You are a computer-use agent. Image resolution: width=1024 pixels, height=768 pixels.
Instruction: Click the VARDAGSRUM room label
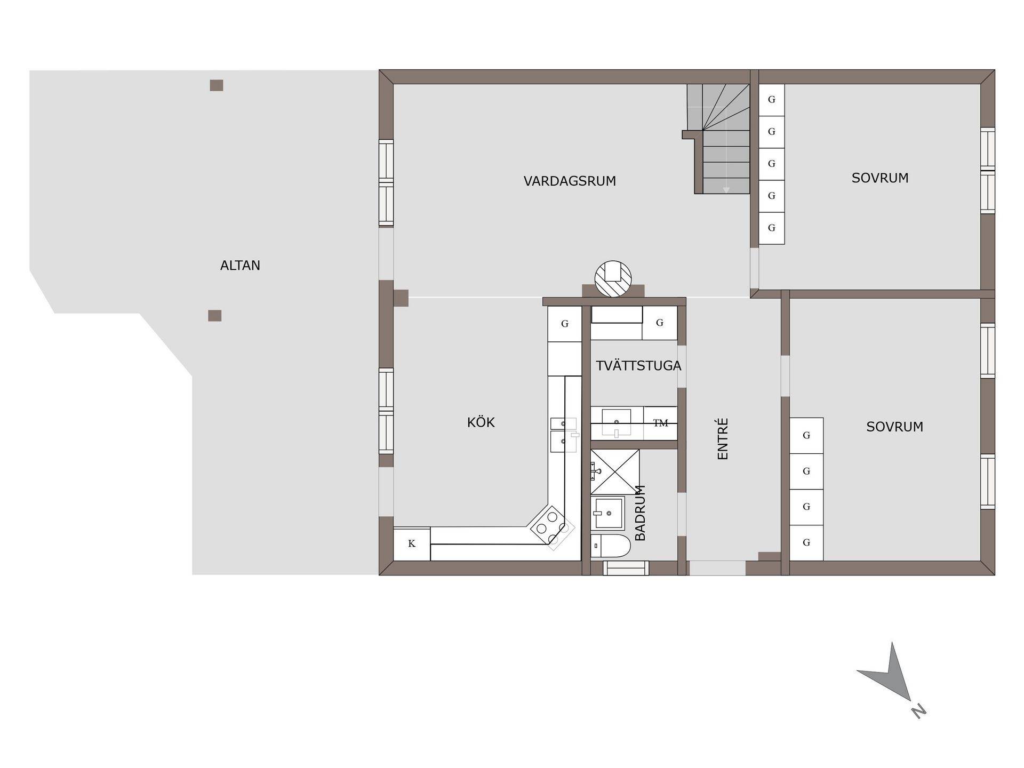coord(570,181)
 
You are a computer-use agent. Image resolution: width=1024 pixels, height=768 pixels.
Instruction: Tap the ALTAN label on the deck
coord(240,266)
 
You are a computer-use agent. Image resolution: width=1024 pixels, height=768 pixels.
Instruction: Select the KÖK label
coord(481,422)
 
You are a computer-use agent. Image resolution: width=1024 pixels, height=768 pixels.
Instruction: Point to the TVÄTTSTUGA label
coord(638,366)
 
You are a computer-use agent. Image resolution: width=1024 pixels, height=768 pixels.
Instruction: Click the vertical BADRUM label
coord(641,513)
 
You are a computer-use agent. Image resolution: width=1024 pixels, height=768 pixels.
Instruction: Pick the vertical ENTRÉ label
coord(723,439)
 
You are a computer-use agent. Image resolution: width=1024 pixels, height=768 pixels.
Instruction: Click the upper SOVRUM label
coord(880,178)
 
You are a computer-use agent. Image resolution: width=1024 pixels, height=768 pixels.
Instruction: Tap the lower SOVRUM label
coord(894,427)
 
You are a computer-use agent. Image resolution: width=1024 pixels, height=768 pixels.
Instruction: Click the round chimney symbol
coord(613,279)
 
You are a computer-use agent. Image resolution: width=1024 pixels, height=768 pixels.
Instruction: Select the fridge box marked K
coord(412,544)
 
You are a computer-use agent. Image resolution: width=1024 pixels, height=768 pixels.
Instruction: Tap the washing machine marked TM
coord(660,423)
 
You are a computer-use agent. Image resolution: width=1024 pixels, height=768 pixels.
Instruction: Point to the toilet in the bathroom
coord(611,546)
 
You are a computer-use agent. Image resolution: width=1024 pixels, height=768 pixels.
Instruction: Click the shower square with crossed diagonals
coord(615,471)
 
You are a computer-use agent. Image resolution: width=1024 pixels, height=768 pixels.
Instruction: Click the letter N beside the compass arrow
coord(918,711)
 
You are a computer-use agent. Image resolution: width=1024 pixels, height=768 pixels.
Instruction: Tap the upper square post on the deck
coord(216,85)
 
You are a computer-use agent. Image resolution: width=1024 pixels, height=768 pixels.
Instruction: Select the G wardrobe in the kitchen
coord(565,324)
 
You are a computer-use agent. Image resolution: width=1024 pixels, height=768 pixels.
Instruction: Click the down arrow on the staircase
coord(726,189)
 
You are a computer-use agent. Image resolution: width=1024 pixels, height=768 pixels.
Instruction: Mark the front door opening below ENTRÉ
coord(717,568)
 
